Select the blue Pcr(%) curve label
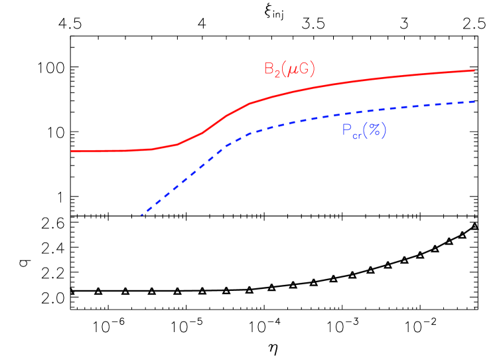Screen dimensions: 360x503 pyautogui.click(x=364, y=131)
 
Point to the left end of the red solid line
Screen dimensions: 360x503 pyautogui.click(x=72, y=151)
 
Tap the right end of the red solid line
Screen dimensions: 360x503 pyautogui.click(x=474, y=70)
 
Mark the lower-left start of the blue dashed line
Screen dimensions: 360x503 pyautogui.click(x=142, y=215)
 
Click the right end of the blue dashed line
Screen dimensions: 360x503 pyautogui.click(x=474, y=102)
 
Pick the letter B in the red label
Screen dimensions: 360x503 pyautogui.click(x=269, y=69)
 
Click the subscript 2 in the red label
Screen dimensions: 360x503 pyautogui.click(x=277, y=73)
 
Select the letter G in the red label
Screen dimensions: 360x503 pyautogui.click(x=303, y=69)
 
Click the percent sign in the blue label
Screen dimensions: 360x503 pyautogui.click(x=375, y=130)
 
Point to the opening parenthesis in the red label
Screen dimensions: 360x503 pyautogui.click(x=284, y=70)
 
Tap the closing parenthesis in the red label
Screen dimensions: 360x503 pyautogui.click(x=313, y=70)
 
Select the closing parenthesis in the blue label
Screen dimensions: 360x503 pyautogui.click(x=384, y=131)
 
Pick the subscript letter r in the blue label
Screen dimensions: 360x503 pyautogui.click(x=360, y=134)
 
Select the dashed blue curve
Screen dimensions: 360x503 pyautogui.click(x=299, y=120)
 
